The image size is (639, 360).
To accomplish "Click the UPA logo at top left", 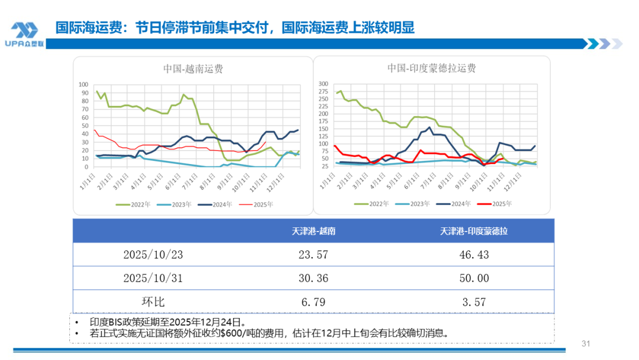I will (x=24, y=34).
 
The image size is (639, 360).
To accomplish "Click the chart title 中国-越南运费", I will (x=193, y=69).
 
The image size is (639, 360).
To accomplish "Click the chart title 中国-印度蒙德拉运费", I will (x=431, y=68).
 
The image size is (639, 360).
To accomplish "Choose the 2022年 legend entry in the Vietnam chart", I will (x=130, y=204).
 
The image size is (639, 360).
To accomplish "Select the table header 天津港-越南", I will (x=314, y=231).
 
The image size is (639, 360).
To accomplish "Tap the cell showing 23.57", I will (x=314, y=255).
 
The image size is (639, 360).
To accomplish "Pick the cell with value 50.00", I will (x=473, y=278).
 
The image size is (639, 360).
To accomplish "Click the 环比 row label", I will (x=153, y=301).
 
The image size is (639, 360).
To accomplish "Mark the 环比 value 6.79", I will (x=314, y=301).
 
